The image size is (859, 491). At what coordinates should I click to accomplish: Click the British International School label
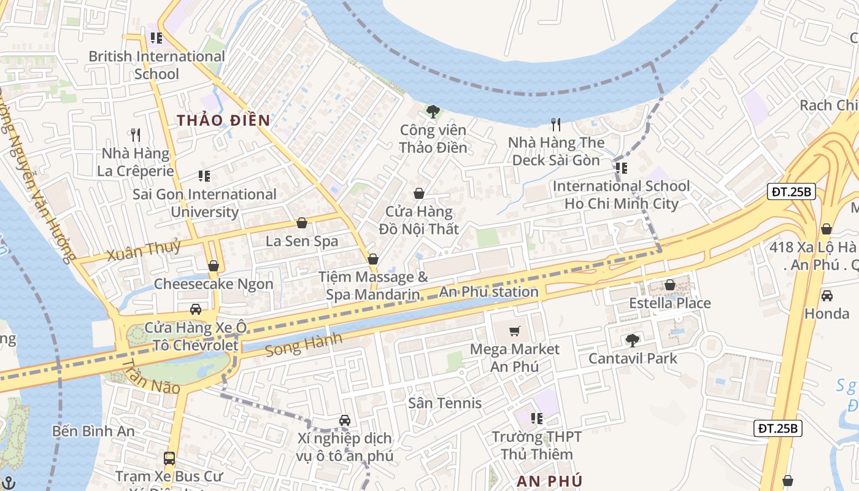pyautogui.click(x=156, y=65)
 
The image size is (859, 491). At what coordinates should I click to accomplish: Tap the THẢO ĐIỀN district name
pyautogui.click(x=224, y=120)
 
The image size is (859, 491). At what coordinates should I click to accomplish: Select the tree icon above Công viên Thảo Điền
pyautogui.click(x=433, y=112)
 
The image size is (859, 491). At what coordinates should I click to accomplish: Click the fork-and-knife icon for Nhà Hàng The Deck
pyautogui.click(x=556, y=125)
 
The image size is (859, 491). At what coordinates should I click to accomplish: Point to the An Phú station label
pyautogui.click(x=489, y=292)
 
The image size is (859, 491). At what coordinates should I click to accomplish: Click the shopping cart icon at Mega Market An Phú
pyautogui.click(x=515, y=331)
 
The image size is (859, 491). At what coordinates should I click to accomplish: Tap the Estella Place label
pyautogui.click(x=670, y=303)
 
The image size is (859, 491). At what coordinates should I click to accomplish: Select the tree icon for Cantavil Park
pyautogui.click(x=632, y=341)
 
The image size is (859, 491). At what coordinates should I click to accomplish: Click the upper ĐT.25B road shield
pyautogui.click(x=792, y=192)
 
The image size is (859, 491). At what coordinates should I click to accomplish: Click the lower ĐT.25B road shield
pyautogui.click(x=777, y=428)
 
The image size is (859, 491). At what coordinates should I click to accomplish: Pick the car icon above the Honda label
pyautogui.click(x=826, y=296)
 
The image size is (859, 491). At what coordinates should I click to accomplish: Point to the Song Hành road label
pyautogui.click(x=303, y=346)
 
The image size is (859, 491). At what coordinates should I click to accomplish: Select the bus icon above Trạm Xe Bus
pyautogui.click(x=169, y=458)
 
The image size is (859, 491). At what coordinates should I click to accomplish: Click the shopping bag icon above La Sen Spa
pyautogui.click(x=301, y=223)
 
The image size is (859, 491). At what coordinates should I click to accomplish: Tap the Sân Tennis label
pyautogui.click(x=445, y=403)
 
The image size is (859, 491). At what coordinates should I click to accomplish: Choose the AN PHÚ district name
pyautogui.click(x=549, y=481)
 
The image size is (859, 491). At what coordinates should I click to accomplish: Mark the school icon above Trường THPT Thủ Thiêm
pyautogui.click(x=537, y=419)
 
